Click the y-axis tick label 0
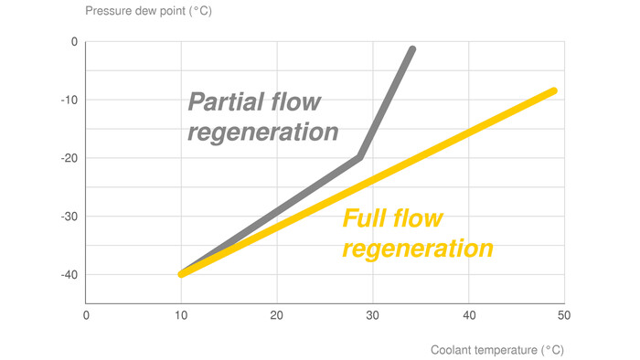point(75,42)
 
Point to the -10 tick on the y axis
point(71,101)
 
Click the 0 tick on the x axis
point(86,315)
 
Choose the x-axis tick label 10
point(181,315)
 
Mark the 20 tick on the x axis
point(277,315)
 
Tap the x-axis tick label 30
point(372,315)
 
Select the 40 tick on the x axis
point(468,315)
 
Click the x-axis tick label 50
point(563,315)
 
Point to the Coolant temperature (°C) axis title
point(497,348)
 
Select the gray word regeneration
point(262,131)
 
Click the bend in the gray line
point(360,156)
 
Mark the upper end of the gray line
point(412,49)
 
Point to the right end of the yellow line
point(553,90)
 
